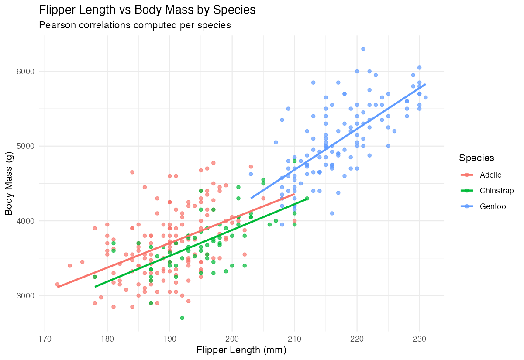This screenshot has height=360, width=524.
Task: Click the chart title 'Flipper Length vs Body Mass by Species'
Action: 147,10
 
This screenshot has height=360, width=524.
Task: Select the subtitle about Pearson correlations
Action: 135,25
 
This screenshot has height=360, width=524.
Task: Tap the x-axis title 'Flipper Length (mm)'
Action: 241,350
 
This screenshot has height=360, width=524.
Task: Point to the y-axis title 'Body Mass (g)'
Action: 9,183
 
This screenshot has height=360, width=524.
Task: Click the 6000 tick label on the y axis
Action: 25,71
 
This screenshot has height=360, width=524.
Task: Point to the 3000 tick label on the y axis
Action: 25,295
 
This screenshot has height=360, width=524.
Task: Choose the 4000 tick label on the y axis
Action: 25,221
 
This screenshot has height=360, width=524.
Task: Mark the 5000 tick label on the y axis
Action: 25,146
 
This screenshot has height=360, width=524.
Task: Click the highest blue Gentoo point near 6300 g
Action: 363,49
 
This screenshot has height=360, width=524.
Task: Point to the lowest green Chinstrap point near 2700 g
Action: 182,318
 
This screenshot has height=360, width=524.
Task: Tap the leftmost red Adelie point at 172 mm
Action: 57,284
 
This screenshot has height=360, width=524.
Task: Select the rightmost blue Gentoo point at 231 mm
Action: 425,97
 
